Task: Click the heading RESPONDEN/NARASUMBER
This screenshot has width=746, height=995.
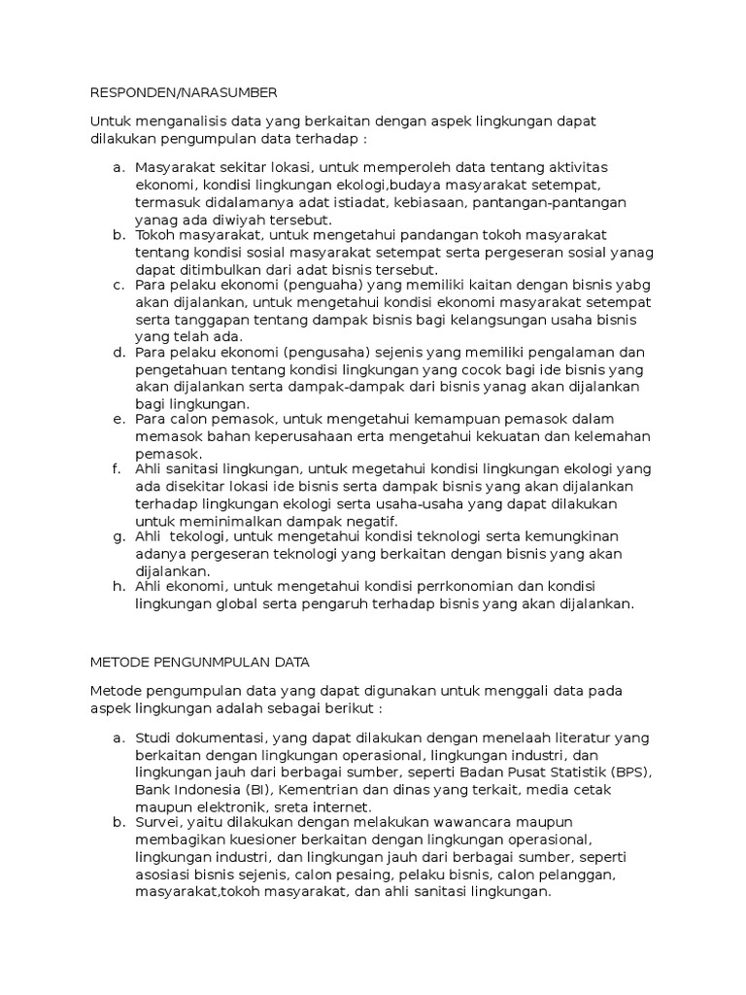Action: tap(184, 92)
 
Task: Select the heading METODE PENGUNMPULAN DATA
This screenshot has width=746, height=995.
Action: tap(200, 662)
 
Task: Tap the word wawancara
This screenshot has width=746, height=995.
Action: tap(459, 822)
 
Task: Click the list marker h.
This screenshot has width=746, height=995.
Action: tap(118, 586)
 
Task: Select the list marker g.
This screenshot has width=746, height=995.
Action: tap(118, 536)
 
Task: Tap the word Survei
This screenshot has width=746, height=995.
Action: tap(158, 822)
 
